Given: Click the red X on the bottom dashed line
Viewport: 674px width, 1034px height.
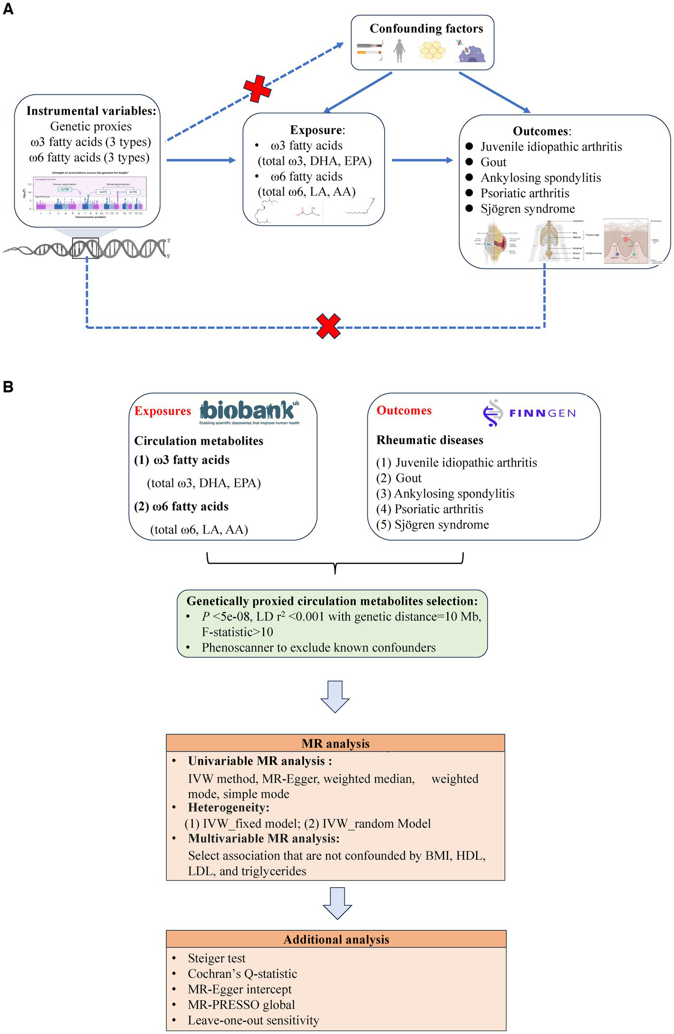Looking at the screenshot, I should (328, 326).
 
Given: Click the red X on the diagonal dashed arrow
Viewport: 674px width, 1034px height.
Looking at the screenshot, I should (257, 88).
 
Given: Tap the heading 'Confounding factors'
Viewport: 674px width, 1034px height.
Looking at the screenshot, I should (426, 29).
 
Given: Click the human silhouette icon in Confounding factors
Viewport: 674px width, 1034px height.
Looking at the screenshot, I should (399, 50).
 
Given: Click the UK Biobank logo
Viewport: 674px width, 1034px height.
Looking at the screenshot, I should (249, 412).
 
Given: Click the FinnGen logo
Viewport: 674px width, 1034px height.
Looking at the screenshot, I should (529, 412).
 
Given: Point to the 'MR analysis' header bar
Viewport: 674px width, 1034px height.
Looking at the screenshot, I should (335, 743).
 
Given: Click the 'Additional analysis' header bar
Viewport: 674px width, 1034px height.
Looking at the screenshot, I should (336, 939).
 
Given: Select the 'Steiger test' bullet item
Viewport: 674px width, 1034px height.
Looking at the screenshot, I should (216, 958).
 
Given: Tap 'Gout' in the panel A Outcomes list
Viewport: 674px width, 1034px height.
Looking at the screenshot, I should (493, 162).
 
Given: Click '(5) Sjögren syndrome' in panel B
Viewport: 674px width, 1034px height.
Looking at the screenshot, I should (433, 525).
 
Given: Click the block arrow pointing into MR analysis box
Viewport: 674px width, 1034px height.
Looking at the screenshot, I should (335, 696).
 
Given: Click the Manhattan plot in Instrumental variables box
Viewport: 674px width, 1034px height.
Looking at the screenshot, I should (87, 194).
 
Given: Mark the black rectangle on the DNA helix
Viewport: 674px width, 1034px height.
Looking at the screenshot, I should (86, 248).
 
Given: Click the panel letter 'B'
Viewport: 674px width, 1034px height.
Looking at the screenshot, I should (8, 386).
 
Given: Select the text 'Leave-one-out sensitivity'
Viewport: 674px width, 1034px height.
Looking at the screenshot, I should (253, 1020).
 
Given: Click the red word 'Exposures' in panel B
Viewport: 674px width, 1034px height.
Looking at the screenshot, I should (163, 411).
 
